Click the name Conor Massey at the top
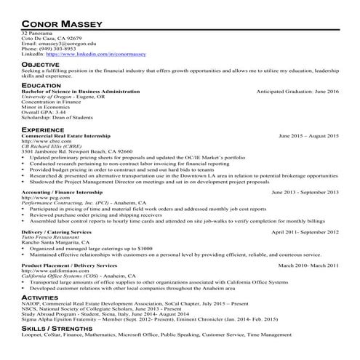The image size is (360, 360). [61, 23]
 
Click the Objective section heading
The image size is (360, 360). [40, 64]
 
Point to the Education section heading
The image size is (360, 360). [41, 85]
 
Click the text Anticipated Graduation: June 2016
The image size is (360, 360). [298, 92]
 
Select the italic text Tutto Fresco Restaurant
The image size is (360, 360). [51, 236]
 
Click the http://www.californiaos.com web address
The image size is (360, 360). [54, 271]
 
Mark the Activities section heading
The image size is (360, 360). [41, 297]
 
